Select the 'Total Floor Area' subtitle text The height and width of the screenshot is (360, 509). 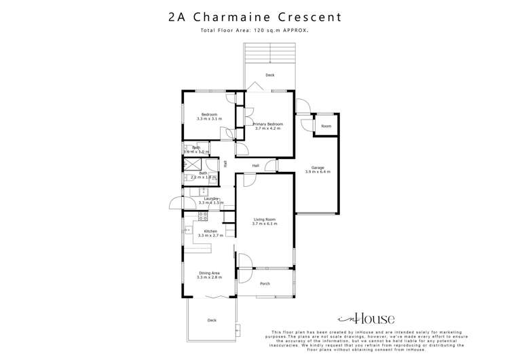pyautogui.click(x=254, y=31)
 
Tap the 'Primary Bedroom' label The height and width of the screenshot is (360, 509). pyautogui.click(x=267, y=125)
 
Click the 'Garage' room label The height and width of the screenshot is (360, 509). pyautogui.click(x=317, y=167)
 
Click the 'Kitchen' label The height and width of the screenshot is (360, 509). pyautogui.click(x=210, y=231)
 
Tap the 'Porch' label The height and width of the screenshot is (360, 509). pyautogui.click(x=265, y=285)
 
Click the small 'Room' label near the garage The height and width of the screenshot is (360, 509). pyautogui.click(x=326, y=126)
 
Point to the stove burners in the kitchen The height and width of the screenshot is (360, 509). pyautogui.click(x=202, y=216)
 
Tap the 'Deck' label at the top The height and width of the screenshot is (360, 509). pyautogui.click(x=269, y=75)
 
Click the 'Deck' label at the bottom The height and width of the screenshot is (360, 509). pyautogui.click(x=212, y=320)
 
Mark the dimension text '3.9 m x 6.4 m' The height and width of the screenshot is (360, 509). pyautogui.click(x=317, y=172)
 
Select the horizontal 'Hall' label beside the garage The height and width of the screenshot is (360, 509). pyautogui.click(x=256, y=166)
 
